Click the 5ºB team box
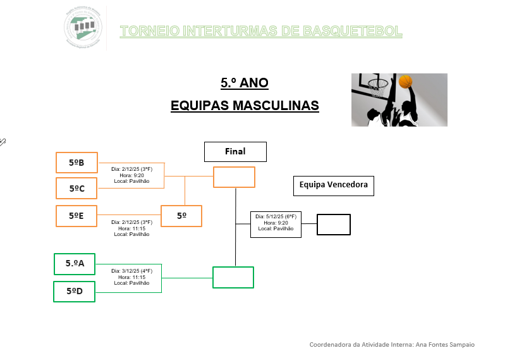coord(76,163)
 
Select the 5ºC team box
coord(76,188)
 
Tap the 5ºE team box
coord(76,216)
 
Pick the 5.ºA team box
coord(75,264)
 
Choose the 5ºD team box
coord(74,291)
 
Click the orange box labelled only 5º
coord(181,216)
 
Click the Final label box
coord(235,152)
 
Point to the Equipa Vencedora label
coord(334,185)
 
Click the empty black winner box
coord(333,225)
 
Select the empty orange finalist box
coord(234,177)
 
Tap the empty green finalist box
coord(233,277)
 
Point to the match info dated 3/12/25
coord(131,276)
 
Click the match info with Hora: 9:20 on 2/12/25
coord(131,175)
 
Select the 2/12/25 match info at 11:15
coord(131,228)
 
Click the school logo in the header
coord(83,27)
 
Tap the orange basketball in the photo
coord(405,82)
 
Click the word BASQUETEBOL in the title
coord(353,31)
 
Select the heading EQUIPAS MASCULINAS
coord(245,105)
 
